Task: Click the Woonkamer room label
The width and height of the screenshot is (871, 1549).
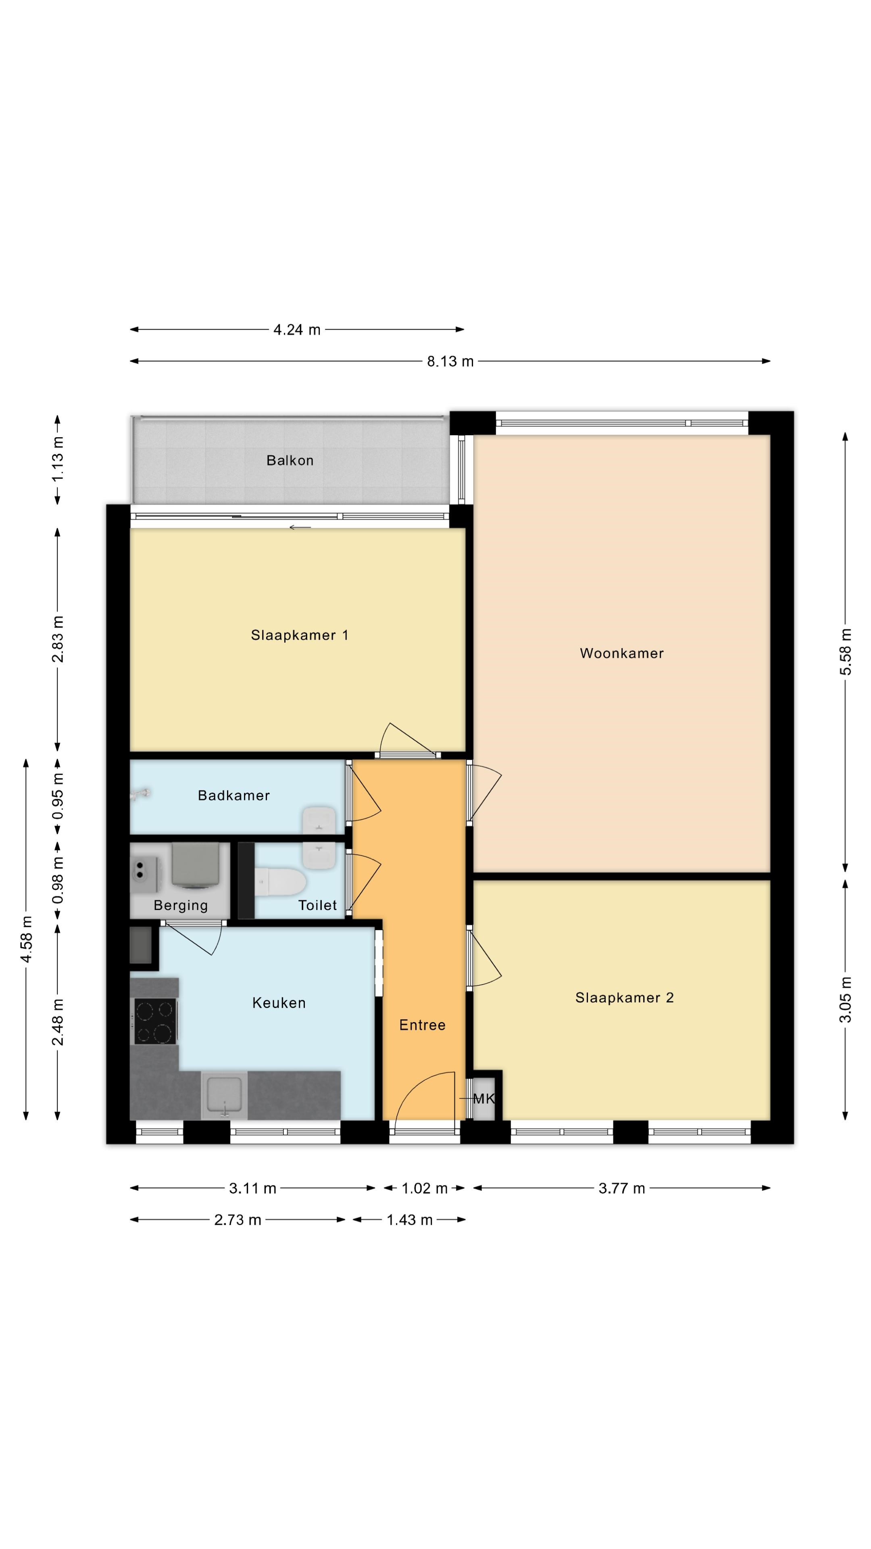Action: coord(621,653)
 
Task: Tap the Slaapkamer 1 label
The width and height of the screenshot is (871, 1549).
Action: coord(299,635)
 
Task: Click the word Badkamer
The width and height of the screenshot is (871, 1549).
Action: coord(234,795)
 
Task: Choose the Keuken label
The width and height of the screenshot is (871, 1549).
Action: coord(279,1003)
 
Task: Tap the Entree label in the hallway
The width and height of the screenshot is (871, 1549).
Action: coord(423,1025)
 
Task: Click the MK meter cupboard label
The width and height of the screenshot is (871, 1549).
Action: coord(484,1098)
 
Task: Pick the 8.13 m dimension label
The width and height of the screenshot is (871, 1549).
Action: coord(450,361)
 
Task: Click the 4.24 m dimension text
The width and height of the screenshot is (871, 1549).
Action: coord(297,330)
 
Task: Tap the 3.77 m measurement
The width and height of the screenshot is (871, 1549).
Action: coord(621,1188)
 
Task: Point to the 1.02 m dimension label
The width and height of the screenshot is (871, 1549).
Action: coord(424,1188)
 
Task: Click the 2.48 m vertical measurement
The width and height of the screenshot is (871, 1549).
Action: coord(58,1022)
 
